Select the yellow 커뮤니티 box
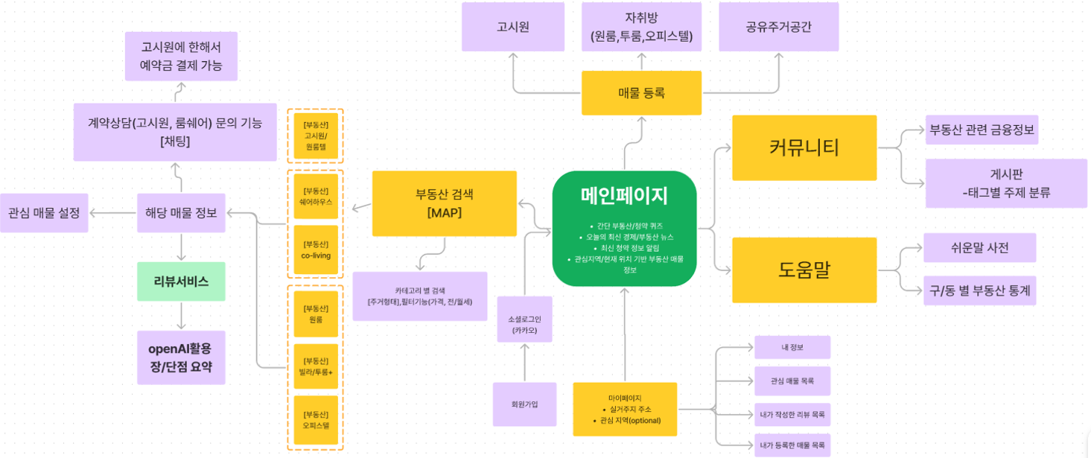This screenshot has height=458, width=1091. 804,147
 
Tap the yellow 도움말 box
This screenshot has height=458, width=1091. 804,270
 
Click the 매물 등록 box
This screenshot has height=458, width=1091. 641,93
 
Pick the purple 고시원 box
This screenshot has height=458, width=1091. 512,27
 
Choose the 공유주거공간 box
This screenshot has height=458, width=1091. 778,27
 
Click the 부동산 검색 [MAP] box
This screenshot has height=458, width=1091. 444,203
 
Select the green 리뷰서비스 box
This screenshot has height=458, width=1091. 181,281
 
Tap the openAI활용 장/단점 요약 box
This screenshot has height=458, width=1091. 181,357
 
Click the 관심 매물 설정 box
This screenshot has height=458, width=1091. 44,212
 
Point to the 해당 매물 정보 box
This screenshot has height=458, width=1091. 181,212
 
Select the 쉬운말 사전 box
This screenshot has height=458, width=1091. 979,248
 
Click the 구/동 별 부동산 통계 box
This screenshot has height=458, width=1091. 979,290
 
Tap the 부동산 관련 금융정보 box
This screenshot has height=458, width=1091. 982,130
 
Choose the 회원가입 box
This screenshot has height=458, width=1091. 524,404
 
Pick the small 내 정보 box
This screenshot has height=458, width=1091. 792,347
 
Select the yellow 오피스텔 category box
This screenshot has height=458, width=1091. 316,420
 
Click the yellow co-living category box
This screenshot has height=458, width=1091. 316,250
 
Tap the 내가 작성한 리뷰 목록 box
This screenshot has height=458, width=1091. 792,414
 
